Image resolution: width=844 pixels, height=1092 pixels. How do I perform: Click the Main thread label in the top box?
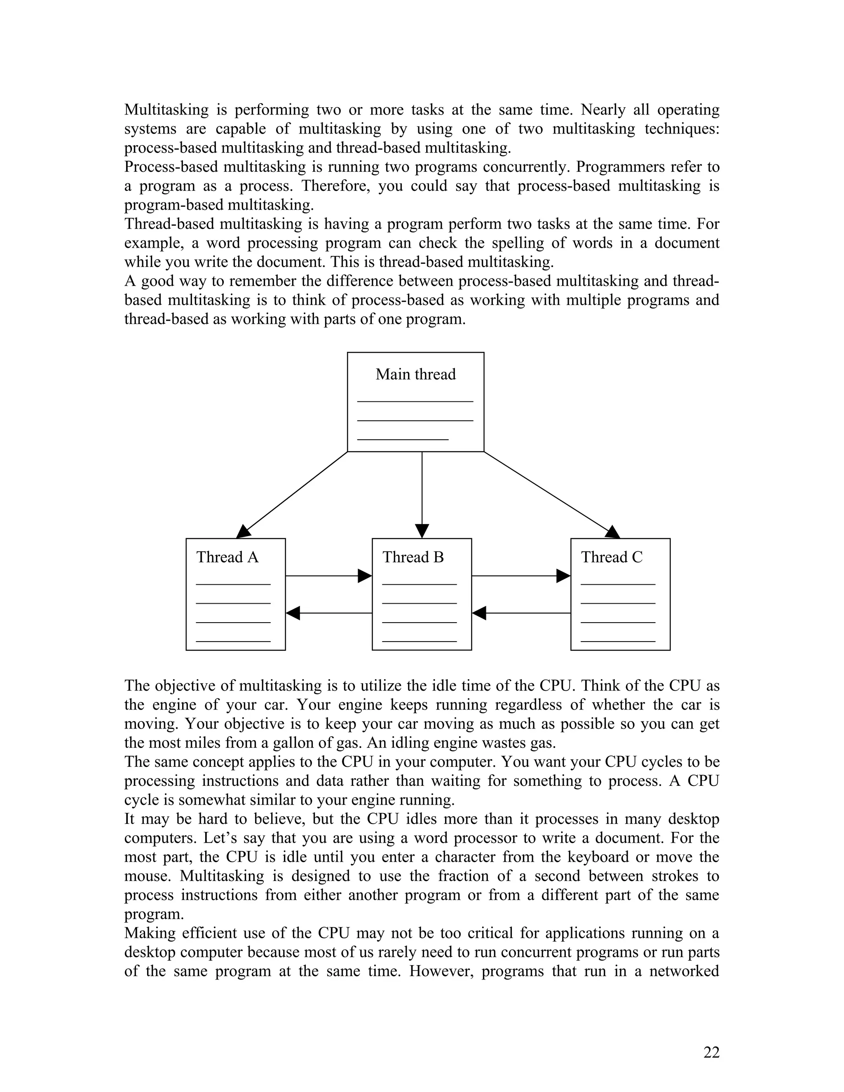point(415,375)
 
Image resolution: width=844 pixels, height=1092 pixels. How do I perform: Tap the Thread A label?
point(227,557)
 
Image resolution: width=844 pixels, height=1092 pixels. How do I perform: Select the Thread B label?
point(413,557)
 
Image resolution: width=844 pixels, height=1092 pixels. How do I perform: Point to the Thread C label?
point(612,557)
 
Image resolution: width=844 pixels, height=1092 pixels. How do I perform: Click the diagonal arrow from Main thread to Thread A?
point(293,494)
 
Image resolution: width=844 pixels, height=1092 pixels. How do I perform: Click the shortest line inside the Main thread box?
point(403,440)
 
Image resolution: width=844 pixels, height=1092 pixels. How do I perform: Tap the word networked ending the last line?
point(684,971)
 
